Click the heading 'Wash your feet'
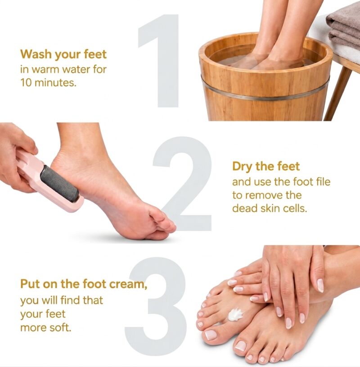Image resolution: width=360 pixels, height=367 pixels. [63, 54]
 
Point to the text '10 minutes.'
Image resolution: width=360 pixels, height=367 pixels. [48, 83]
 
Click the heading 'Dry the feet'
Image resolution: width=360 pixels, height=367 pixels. [266, 166]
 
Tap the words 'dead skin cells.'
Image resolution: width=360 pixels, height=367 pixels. [270, 208]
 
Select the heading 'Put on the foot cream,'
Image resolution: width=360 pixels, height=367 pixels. [84, 284]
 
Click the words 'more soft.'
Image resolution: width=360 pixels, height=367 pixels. [45, 328]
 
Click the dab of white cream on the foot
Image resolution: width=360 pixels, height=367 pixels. [236, 314]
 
